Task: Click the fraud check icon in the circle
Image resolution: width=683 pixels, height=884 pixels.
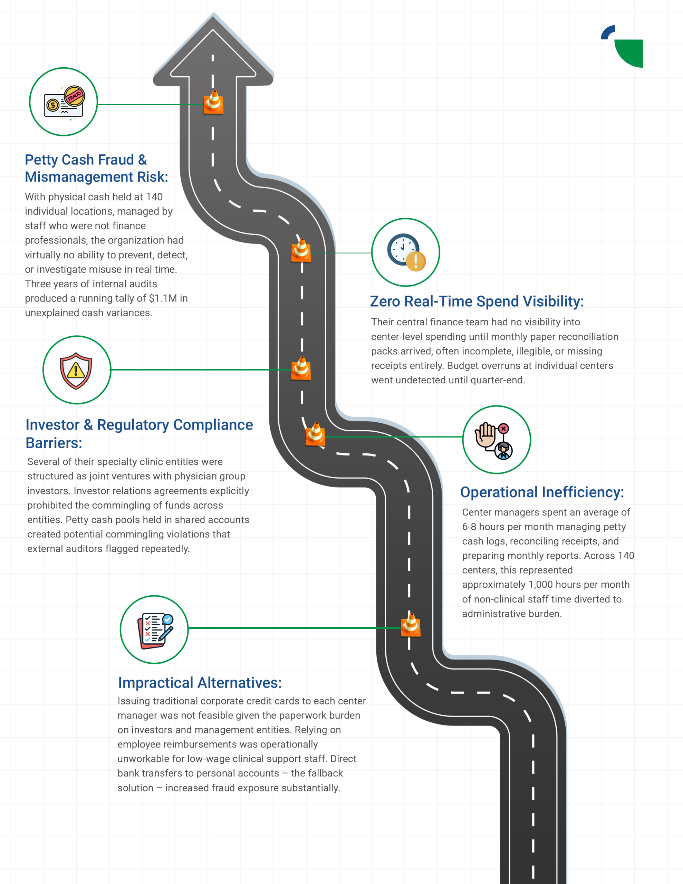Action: point(64,102)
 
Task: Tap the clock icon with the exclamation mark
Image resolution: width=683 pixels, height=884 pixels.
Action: point(406,252)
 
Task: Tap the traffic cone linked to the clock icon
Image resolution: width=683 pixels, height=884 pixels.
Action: point(301,251)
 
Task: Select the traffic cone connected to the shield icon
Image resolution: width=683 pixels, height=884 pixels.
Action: point(301,368)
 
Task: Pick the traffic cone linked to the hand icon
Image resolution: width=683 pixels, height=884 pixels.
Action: point(315,434)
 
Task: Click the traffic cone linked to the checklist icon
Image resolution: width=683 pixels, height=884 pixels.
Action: point(411,625)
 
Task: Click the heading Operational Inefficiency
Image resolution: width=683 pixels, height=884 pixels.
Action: point(542,492)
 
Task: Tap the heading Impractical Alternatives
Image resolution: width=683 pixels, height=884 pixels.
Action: point(200,683)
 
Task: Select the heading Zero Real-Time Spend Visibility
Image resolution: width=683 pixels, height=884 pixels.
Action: point(477,301)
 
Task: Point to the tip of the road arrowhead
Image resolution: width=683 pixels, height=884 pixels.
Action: point(213,15)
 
